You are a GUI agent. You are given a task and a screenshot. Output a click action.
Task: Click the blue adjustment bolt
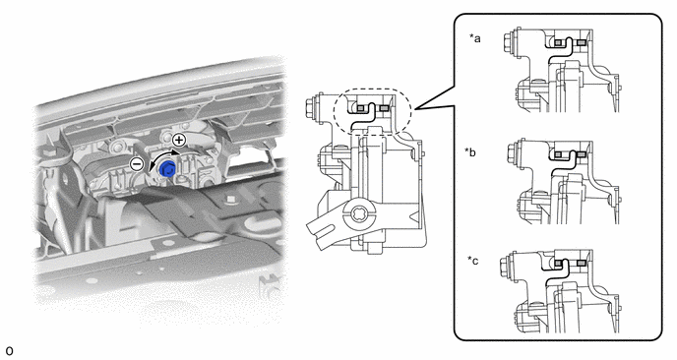[x=166, y=169]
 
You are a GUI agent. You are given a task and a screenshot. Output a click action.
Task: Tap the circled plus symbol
[x=179, y=140]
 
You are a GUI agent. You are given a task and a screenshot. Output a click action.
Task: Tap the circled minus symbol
[x=137, y=164]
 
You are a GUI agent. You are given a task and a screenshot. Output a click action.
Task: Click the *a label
[x=475, y=38]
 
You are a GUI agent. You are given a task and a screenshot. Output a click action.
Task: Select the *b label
[x=470, y=151]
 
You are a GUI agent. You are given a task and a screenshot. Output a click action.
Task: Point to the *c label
[x=472, y=262]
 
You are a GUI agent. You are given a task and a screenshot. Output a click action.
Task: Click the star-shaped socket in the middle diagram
[x=357, y=213]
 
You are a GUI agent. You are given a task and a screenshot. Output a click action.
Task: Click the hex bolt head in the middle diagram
[x=311, y=106]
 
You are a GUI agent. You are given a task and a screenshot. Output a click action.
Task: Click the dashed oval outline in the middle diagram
[x=335, y=111]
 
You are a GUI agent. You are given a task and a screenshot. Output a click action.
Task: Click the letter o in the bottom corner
[x=9, y=351]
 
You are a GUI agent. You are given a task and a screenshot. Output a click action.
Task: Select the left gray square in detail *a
[x=558, y=42]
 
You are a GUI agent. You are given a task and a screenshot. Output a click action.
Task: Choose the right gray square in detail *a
[x=581, y=42]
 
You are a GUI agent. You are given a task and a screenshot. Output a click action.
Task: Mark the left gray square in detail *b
[x=558, y=153]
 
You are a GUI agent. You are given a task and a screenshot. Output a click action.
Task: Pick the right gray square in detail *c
[x=581, y=263]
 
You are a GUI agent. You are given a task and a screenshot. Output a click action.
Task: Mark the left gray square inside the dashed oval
[x=360, y=107]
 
